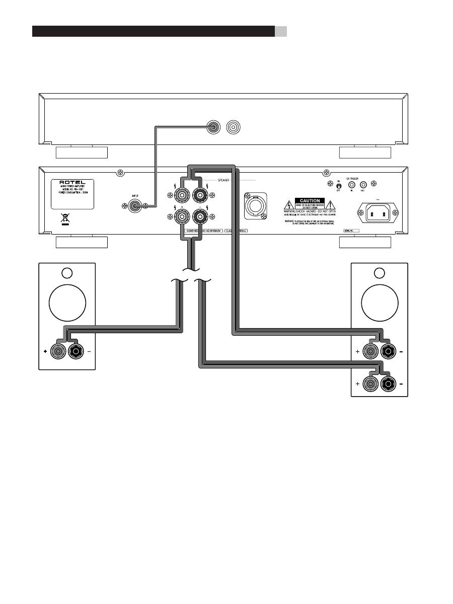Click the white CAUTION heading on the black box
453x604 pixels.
(310, 201)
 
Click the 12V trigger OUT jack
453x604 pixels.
(361, 185)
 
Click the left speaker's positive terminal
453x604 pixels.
(59, 352)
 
